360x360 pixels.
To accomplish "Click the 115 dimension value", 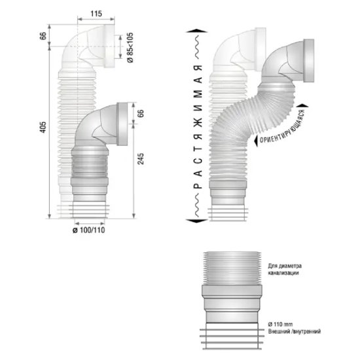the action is click(x=96, y=14).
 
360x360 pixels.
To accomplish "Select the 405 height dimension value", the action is click(x=43, y=127).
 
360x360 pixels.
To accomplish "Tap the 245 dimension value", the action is click(x=141, y=158).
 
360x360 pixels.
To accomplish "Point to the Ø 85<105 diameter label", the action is click(x=130, y=47).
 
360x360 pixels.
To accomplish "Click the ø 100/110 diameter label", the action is click(x=89, y=230).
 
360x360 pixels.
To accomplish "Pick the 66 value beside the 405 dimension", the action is click(x=43, y=36).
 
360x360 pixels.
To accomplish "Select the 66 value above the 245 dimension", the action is click(x=141, y=113).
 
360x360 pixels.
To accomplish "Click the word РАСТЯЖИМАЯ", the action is click(x=198, y=127).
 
